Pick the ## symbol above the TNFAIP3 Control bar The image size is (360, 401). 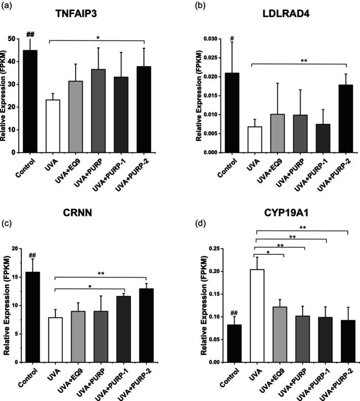pos(29,34)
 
